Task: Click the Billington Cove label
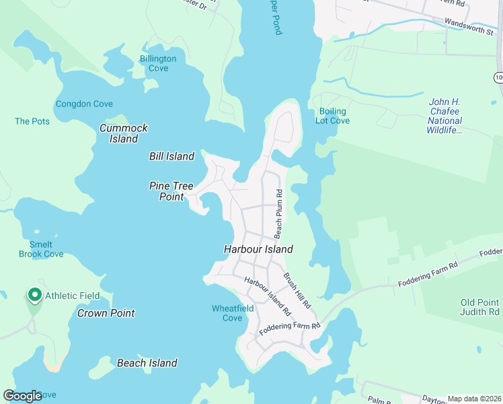(x=158, y=63)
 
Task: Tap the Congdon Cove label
(x=84, y=104)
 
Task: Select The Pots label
(x=32, y=121)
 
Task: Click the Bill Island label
(x=171, y=156)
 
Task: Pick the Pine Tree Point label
(x=171, y=191)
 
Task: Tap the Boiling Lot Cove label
(x=333, y=116)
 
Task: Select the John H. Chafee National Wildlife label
(x=454, y=116)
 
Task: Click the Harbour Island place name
(x=258, y=249)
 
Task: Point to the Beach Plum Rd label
(x=278, y=213)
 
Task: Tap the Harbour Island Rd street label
(x=267, y=296)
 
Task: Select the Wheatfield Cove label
(x=232, y=313)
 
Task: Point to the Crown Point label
(x=106, y=313)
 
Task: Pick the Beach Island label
(x=147, y=363)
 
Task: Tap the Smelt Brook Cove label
(x=42, y=249)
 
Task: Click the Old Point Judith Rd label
(x=480, y=307)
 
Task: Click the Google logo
(x=23, y=396)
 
